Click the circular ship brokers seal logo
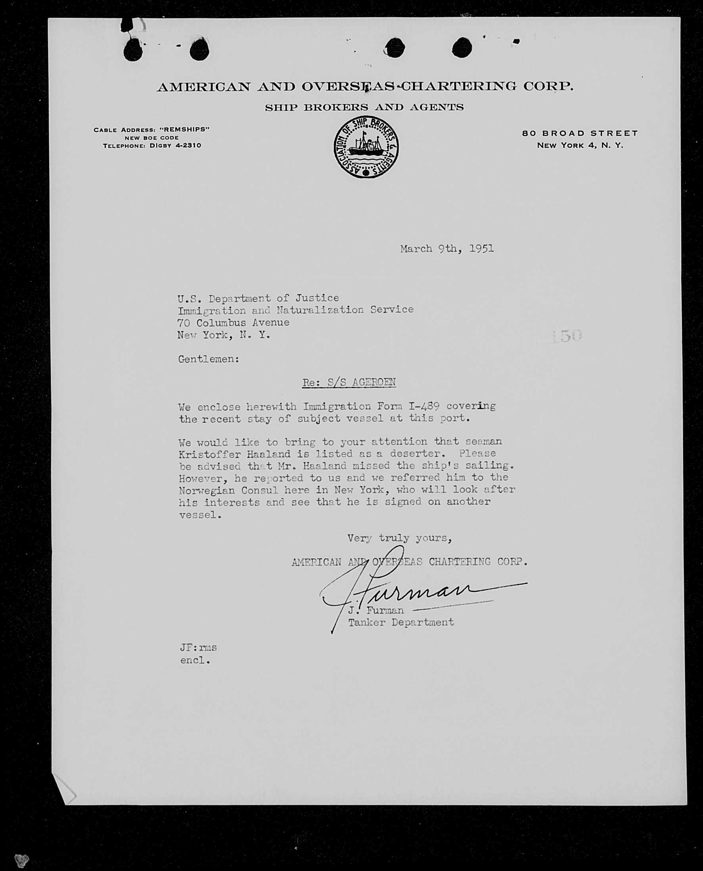366,147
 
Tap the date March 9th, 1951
447,248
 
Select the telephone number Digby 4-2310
175,145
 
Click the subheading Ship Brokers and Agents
364,108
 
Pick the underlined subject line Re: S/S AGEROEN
349,382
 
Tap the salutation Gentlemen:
209,359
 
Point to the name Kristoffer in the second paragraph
209,454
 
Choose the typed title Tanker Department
401,622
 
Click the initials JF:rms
198,648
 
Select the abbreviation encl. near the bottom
195,661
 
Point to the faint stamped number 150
567,336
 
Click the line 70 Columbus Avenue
233,323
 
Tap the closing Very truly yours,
399,538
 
